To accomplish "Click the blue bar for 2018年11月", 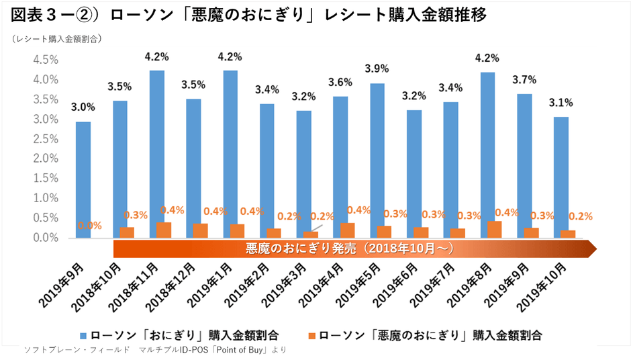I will pyautogui.click(x=156, y=154).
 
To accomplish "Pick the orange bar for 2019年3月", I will pyautogui.click(x=310, y=234).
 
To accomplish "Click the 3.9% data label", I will pyautogui.click(x=376, y=69).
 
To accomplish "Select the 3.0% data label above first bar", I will pyautogui.click(x=84, y=107).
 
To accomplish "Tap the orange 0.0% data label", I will pyautogui.click(x=89, y=226).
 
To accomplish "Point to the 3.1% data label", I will pyautogui.click(x=561, y=103).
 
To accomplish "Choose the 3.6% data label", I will pyautogui.click(x=340, y=83).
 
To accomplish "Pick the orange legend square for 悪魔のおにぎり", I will pyautogui.click(x=311, y=334).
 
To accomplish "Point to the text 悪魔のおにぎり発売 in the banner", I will pyautogui.click(x=295, y=249).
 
